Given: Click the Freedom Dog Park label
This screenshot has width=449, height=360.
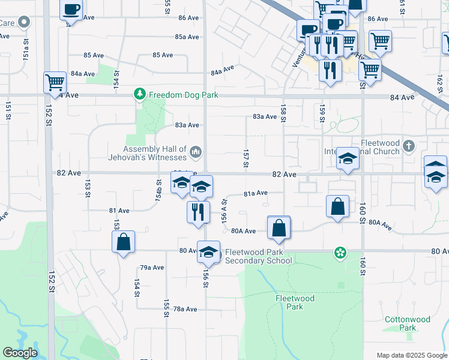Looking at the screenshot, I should point(183,95).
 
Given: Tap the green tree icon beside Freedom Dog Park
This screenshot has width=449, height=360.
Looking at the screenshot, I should point(140,94).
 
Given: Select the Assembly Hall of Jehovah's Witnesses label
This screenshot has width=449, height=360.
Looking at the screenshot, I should point(155,154).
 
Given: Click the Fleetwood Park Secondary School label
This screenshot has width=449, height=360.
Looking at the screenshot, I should point(258,256).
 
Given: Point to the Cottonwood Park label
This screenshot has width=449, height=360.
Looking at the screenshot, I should point(400,324).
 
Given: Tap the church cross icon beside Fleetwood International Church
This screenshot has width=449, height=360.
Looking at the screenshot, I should point(409,146).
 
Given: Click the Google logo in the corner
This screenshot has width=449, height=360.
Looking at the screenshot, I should point(20,353).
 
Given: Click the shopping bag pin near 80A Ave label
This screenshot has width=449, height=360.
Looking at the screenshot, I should point(279,228).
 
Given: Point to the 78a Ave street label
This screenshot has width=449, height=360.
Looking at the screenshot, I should point(185,309).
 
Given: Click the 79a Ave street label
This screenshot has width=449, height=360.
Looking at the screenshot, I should point(152,268).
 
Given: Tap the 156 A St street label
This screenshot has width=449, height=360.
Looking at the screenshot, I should point(224,211).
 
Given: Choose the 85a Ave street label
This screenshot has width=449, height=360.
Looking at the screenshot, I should point(187,37).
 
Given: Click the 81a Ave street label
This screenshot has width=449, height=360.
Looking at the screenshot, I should point(255,193).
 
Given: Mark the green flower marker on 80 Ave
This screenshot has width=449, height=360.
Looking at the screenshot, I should point(340,253).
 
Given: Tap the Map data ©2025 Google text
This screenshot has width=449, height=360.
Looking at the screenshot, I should point(411,355).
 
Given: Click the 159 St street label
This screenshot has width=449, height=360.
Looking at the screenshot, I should point(322,114).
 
